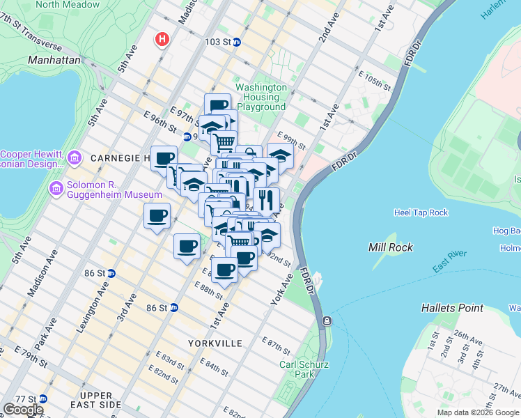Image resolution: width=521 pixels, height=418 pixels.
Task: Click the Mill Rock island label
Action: [x=391, y=247]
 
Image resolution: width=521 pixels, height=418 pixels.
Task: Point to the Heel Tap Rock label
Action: [x=421, y=212]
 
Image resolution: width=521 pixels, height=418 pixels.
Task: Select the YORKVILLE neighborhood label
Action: [x=215, y=343]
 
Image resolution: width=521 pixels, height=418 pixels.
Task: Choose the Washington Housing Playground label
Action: [x=261, y=98]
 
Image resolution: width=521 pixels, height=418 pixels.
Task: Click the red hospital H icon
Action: [x=163, y=38]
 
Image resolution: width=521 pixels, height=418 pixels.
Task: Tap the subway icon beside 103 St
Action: [x=237, y=42]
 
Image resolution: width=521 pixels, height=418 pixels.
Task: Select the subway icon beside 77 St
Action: [x=43, y=399]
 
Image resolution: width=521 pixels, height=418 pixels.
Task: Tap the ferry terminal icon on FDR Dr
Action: [x=325, y=320]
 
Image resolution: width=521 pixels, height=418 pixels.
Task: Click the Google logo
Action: [x=23, y=410]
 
